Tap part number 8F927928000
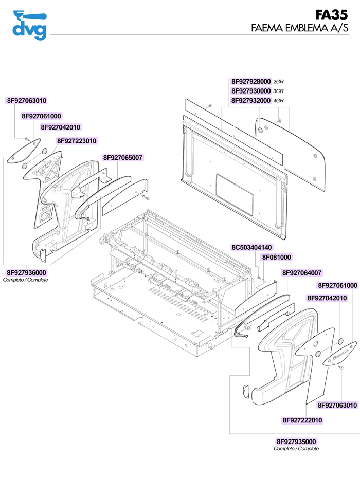(x=251, y=82)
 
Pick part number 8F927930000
(x=251, y=91)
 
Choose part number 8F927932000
(x=251, y=100)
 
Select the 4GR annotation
(x=279, y=101)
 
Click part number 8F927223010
(x=77, y=141)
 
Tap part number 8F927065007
(x=123, y=158)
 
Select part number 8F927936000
(x=26, y=272)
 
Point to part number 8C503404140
(x=251, y=247)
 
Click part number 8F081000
(x=277, y=257)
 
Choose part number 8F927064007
(x=302, y=273)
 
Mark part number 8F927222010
(x=302, y=420)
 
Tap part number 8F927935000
(x=296, y=442)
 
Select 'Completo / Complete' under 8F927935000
(x=296, y=449)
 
